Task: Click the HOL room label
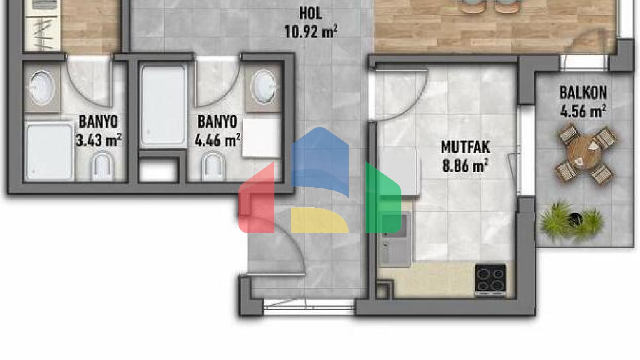point(311,14)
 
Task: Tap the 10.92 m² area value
point(311,31)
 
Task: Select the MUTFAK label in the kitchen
point(465,147)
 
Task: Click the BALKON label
point(583,92)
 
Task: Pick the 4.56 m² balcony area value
point(583,111)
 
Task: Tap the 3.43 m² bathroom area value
point(99,140)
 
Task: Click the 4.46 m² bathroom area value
point(217,140)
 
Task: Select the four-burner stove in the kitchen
point(490,279)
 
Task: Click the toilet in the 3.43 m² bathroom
point(102,167)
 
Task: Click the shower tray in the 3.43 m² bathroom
point(49,151)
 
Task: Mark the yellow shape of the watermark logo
point(320,220)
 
